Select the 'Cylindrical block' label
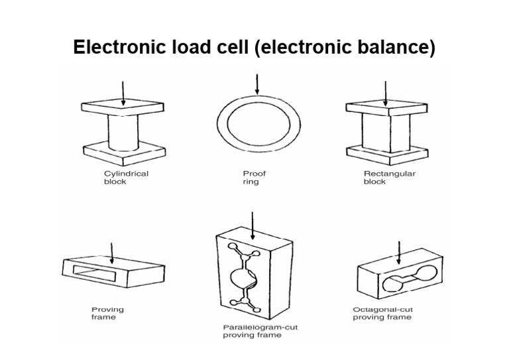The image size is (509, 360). [x=126, y=178]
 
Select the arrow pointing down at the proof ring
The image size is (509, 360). [x=256, y=85]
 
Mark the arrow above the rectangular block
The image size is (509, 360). [x=386, y=93]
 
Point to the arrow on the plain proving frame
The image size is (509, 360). [x=112, y=252]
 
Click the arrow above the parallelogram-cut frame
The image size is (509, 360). [x=252, y=223]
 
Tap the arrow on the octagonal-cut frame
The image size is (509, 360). [x=398, y=252]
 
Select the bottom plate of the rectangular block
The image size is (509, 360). [x=386, y=154]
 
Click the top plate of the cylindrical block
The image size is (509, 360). [x=122, y=107]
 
